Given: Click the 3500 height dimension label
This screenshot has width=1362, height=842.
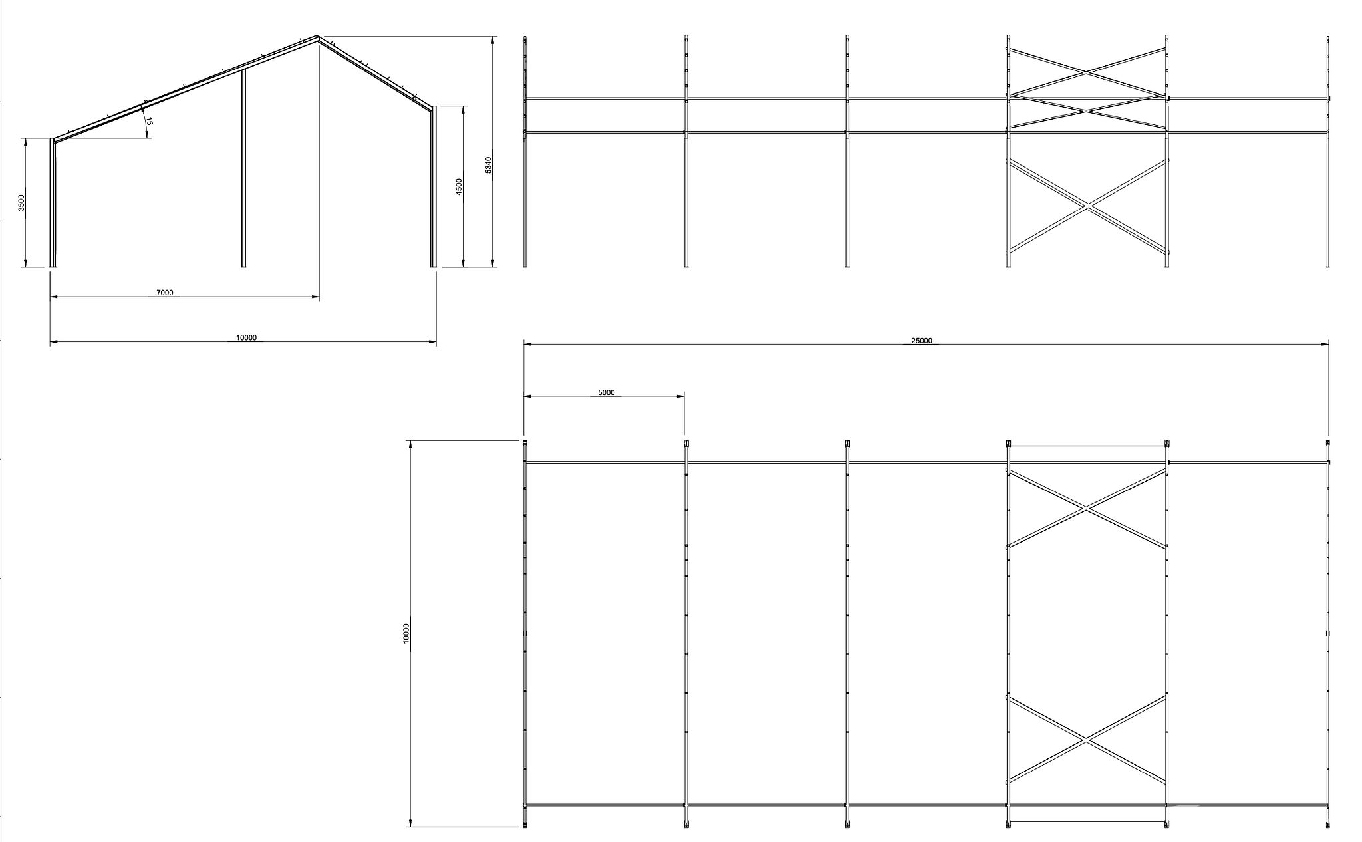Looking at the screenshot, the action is tap(21, 202).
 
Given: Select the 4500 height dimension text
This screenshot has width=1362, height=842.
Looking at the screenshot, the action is tap(459, 186).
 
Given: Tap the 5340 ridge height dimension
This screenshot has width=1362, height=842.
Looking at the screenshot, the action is tap(489, 165).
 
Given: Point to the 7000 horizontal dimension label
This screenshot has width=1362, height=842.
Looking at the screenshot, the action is tap(164, 293).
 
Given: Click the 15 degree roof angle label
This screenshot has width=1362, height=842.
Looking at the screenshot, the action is tap(150, 121).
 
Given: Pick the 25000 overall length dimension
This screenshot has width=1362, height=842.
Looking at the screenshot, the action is tap(922, 341).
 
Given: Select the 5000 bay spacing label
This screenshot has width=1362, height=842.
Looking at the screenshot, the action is tap(607, 392).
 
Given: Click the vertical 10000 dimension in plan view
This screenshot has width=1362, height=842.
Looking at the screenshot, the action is tap(406, 633).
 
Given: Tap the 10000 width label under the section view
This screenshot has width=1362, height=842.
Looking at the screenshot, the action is tap(246, 338).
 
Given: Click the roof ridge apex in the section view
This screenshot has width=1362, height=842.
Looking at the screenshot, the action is tap(317, 36).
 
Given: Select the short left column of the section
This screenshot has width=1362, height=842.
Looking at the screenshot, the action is tap(53, 203).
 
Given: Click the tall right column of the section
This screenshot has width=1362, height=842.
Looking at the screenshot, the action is tap(434, 187).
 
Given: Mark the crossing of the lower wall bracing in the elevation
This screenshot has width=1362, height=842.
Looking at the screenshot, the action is tap(1087, 206).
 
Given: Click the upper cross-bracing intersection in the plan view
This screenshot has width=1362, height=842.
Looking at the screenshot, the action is tap(1087, 509).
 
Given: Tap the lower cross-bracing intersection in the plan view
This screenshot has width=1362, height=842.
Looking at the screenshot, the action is tap(1087, 740).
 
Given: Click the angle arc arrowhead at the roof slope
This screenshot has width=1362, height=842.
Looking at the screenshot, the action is tap(142, 110).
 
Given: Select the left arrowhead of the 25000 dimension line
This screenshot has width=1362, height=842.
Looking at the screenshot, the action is tap(528, 344).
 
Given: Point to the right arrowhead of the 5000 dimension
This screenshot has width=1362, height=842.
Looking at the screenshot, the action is tap(680, 396).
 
